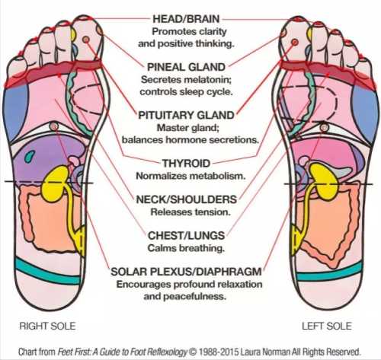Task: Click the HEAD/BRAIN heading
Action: pyautogui.click(x=186, y=19)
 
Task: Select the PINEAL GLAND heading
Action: pyautogui.click(x=186, y=67)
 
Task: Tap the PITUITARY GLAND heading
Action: pyautogui.click(x=186, y=115)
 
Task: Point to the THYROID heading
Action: pyautogui.click(x=186, y=163)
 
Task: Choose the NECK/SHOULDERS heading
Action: pyautogui.click(x=187, y=199)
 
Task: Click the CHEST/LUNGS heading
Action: pyautogui.click(x=186, y=236)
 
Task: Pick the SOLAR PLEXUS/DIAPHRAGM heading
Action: pyautogui.click(x=186, y=272)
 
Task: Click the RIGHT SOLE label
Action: pyautogui.click(x=47, y=326)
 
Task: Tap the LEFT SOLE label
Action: pyautogui.click(x=327, y=326)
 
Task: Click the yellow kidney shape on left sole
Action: pyautogui.click(x=325, y=181)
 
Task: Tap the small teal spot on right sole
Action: pyautogui.click(x=30, y=156)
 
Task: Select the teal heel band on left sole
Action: pyautogui.click(x=329, y=272)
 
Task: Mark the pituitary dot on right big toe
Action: pyautogui.click(x=86, y=40)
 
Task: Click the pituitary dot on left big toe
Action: pyautogui.click(x=295, y=42)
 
